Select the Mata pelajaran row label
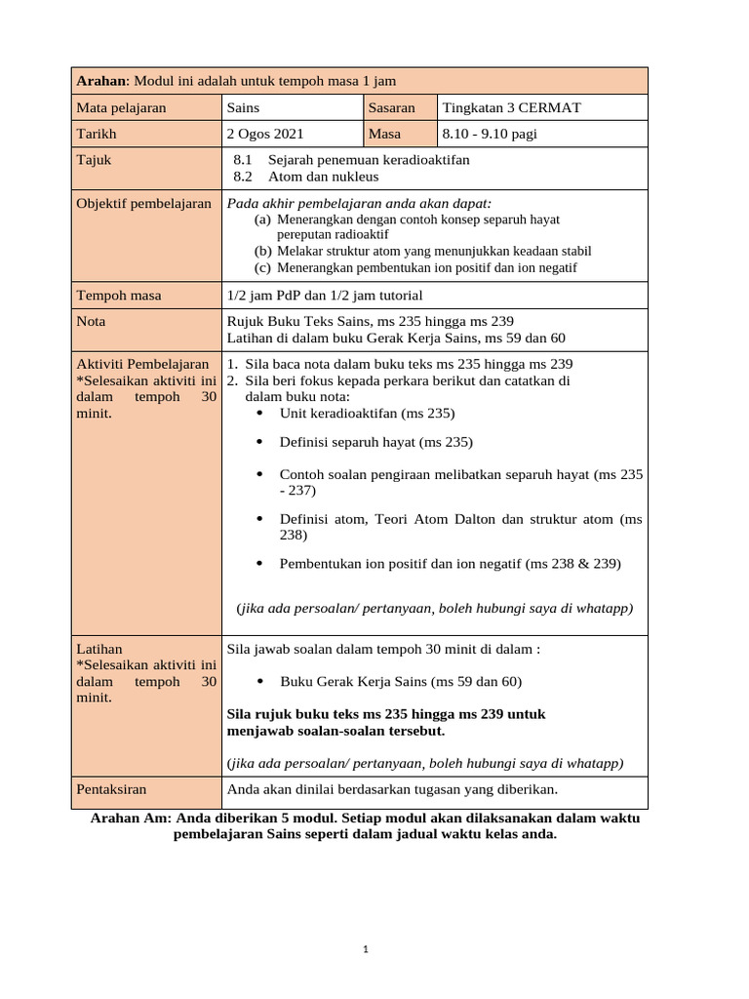coord(121,107)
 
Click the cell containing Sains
coord(243,107)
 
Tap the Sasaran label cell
coord(392,107)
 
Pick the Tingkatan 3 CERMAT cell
coord(511,107)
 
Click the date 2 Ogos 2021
coord(265,134)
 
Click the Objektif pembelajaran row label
coord(143,203)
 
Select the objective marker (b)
coord(262,251)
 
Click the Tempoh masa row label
coord(119,295)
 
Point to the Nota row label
coord(91,320)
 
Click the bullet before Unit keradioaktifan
coord(258,413)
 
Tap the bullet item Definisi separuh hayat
coord(375,442)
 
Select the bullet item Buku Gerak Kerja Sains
coord(400,681)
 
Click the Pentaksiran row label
coord(111,788)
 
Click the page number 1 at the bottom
coord(364,948)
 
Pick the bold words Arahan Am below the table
coord(129,819)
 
